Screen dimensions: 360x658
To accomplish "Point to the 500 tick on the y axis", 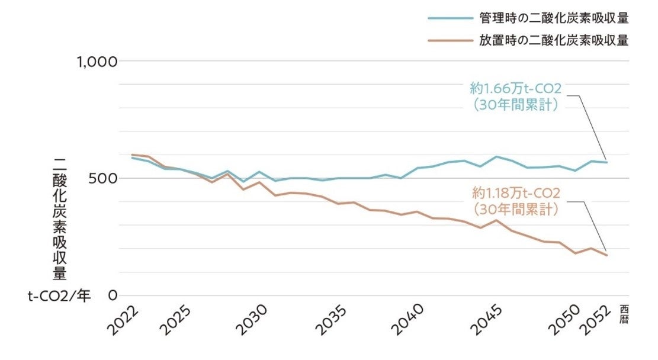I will tap(104, 178).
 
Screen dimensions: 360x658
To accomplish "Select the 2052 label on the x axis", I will tap(598, 320).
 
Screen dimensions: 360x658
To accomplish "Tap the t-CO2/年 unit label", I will tap(60, 295).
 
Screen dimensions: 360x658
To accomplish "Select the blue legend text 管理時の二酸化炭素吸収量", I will tap(554, 18).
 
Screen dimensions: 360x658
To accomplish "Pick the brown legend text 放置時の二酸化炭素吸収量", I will tap(554, 41).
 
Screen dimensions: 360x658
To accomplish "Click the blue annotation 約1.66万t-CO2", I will tap(515, 89).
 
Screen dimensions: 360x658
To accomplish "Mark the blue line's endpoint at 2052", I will tap(606, 162).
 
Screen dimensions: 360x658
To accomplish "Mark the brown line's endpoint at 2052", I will tap(606, 255).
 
